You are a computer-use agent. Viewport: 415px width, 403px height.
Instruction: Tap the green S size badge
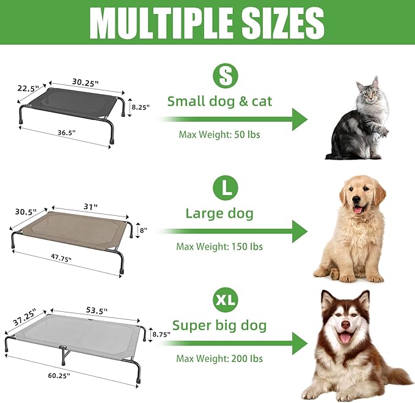(x=226, y=76)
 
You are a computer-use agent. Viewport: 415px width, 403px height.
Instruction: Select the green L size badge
(x=226, y=188)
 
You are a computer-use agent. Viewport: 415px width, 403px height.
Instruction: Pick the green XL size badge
(x=226, y=300)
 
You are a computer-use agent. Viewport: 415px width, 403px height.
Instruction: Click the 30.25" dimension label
(x=85, y=83)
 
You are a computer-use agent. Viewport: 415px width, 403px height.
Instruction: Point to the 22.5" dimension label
(x=28, y=88)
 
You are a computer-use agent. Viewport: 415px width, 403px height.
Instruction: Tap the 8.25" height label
(x=141, y=107)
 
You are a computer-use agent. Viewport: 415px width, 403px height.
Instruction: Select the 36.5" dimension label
(x=67, y=133)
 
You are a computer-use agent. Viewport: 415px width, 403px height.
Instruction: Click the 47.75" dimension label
(x=61, y=257)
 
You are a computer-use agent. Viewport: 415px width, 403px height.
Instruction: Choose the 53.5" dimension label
(x=97, y=310)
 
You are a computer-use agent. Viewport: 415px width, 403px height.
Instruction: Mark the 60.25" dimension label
(x=59, y=375)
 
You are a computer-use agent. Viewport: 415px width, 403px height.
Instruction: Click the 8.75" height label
(x=161, y=335)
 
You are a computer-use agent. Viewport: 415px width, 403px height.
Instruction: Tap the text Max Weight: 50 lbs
(x=219, y=135)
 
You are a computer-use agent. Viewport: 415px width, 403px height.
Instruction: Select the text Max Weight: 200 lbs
(x=219, y=359)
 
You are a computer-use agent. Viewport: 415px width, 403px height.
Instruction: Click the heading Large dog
(x=219, y=213)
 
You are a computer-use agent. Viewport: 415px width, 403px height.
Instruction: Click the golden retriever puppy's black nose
(x=358, y=199)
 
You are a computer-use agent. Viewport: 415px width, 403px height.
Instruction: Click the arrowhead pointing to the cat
(x=300, y=119)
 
